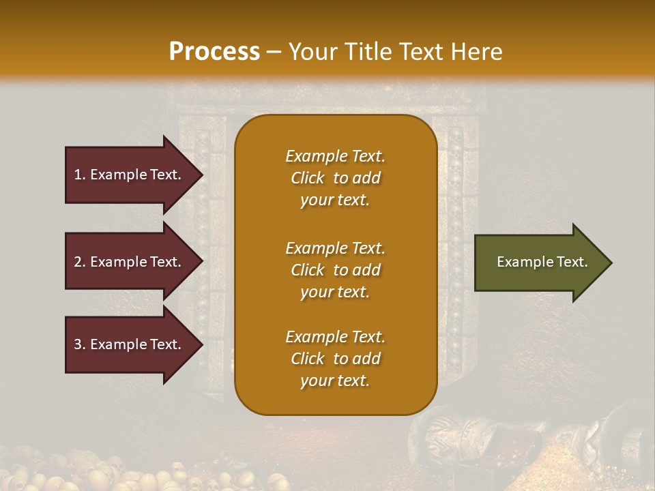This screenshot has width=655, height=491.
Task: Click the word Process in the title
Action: click(214, 51)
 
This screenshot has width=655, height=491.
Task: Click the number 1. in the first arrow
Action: click(80, 175)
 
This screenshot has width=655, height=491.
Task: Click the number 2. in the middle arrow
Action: click(80, 263)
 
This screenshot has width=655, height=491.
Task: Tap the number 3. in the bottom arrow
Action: click(80, 345)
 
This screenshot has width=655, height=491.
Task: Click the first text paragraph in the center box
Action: click(335, 178)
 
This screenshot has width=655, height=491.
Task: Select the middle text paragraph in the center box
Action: click(335, 270)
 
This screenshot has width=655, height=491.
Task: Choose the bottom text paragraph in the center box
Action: click(335, 359)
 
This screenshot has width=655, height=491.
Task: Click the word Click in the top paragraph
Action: click(308, 178)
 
